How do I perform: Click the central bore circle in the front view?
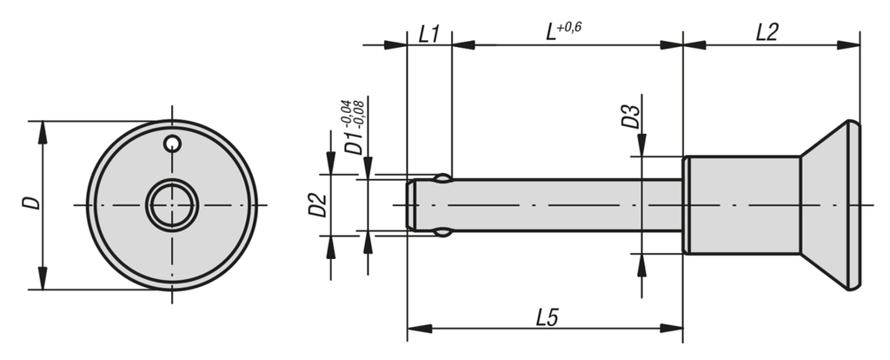pos(172,205)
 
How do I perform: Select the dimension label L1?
pos(428,34)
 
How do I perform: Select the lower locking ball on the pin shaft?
pos(443,232)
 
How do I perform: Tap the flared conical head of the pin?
pos(830,205)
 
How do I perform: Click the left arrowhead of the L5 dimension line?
pos(413,329)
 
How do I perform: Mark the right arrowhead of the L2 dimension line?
pos(853,43)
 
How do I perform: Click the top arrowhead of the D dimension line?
pos(41,127)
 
